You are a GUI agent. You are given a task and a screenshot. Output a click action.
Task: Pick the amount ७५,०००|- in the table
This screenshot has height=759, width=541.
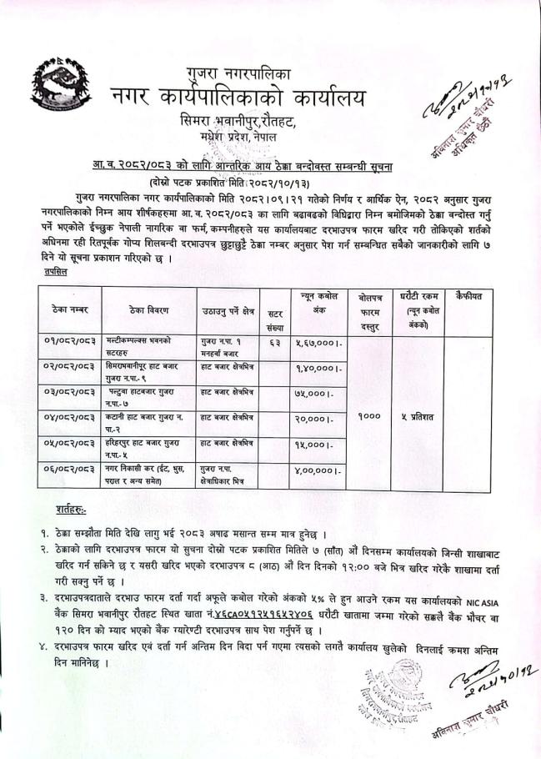[x=317, y=393]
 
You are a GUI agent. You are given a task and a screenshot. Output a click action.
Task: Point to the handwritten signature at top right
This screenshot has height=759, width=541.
[x=478, y=108]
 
